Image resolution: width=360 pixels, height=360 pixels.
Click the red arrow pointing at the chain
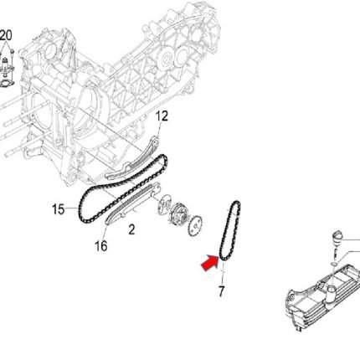point(210,262)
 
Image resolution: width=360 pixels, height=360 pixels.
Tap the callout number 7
point(221,291)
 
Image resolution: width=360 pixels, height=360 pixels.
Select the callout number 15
point(59,209)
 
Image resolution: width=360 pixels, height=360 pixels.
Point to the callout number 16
point(101,246)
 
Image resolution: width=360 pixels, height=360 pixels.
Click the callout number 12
point(162,116)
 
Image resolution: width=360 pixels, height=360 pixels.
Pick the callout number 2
point(131,229)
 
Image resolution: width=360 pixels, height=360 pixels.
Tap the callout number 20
point(6,36)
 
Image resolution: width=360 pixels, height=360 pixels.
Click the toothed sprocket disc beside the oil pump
point(196,225)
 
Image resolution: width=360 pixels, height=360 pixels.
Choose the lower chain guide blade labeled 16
point(132,203)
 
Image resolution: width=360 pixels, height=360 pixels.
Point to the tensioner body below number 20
point(5,67)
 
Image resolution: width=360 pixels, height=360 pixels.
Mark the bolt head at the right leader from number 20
point(12,51)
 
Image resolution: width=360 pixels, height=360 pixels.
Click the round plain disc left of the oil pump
point(164,204)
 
